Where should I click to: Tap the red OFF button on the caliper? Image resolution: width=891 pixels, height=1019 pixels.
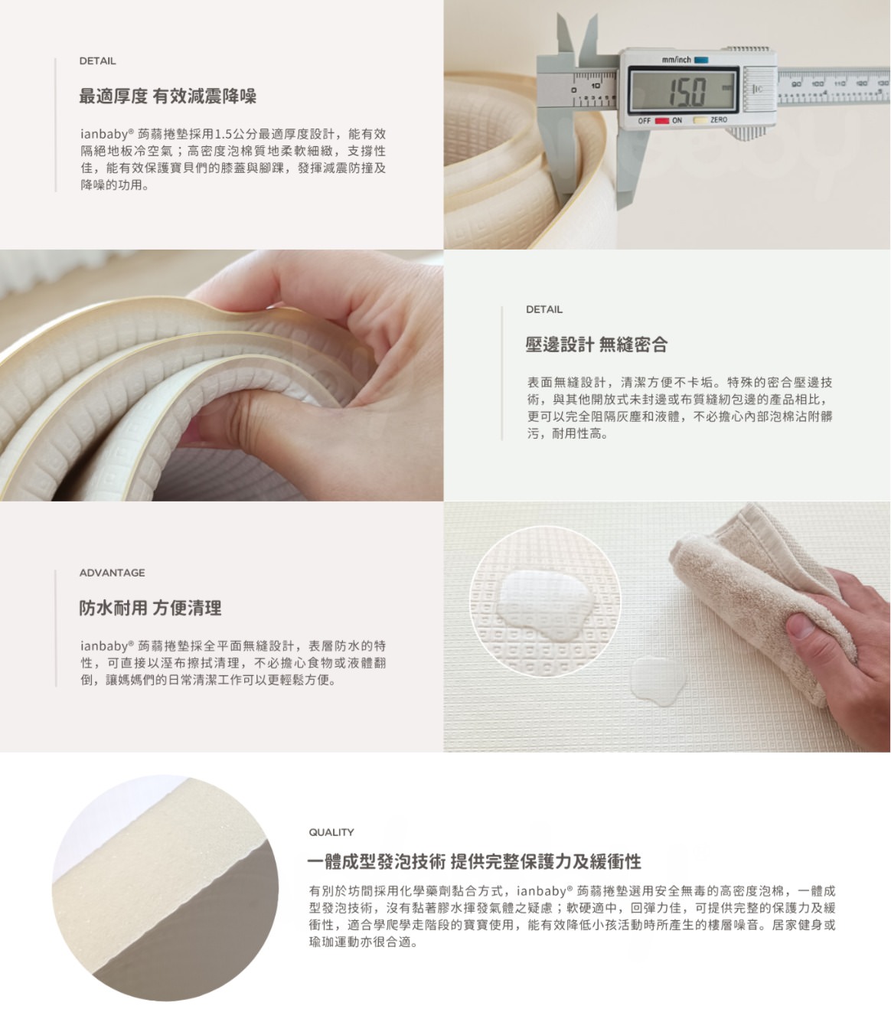pos(661,120)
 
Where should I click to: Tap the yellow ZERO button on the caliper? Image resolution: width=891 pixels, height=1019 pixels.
pos(700,120)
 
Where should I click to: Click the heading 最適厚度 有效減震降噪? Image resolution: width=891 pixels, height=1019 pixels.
pos(168,96)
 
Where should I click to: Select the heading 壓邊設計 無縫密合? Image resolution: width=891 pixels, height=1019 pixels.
pos(596,345)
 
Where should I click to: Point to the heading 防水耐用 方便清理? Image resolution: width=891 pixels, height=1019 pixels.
pos(150,609)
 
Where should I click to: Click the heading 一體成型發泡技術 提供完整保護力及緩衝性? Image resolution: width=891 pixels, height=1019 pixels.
pos(475,862)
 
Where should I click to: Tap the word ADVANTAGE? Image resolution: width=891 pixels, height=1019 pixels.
pos(112,573)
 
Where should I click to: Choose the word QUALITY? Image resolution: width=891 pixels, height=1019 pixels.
pos(331,832)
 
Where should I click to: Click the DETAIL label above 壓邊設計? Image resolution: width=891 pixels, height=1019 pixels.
pos(544,309)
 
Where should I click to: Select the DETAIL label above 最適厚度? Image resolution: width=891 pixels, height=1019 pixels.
pos(98,61)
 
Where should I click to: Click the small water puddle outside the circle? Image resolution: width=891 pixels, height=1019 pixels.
pos(657,678)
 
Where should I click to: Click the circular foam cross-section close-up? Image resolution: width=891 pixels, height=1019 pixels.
pos(165,888)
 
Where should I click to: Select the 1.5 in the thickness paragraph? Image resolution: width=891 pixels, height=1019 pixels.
pos(224,134)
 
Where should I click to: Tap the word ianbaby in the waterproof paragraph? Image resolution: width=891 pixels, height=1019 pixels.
pos(103,646)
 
